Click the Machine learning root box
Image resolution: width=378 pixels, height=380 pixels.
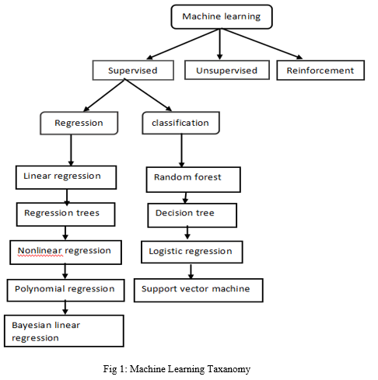222,16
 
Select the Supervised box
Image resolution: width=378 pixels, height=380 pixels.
133,70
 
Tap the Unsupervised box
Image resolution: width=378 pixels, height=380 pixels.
227,70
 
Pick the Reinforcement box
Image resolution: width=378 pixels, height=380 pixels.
320,70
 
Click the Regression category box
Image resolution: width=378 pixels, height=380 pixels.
79,123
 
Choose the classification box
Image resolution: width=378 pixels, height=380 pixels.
180,123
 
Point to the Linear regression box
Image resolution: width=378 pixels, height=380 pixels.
66,177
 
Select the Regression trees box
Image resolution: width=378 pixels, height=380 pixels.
65,214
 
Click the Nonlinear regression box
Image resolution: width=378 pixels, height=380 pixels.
65,253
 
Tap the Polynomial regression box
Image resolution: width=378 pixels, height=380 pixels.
66,290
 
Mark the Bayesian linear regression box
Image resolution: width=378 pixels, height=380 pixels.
64,331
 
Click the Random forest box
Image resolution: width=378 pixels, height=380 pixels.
194,180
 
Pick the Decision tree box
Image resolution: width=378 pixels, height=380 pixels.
192,215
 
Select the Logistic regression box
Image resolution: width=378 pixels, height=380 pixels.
192,252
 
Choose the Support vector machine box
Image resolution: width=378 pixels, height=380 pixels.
198,290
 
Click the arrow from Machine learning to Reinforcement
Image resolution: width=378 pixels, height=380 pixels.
261,44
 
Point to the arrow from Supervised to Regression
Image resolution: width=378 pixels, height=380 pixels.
104,95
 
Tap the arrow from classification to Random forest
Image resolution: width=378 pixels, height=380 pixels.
181,151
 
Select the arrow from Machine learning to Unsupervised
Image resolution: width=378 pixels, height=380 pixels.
220,44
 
